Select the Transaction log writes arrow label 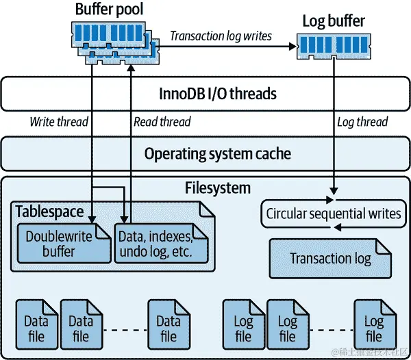[x=221, y=36]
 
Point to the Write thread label [x=59, y=123]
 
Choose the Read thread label [x=162, y=123]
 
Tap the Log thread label [x=362, y=123]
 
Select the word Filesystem [x=218, y=187]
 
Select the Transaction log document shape [x=330, y=259]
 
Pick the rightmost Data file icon [x=169, y=329]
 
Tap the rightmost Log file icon [x=374, y=329]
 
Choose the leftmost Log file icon [x=243, y=329]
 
